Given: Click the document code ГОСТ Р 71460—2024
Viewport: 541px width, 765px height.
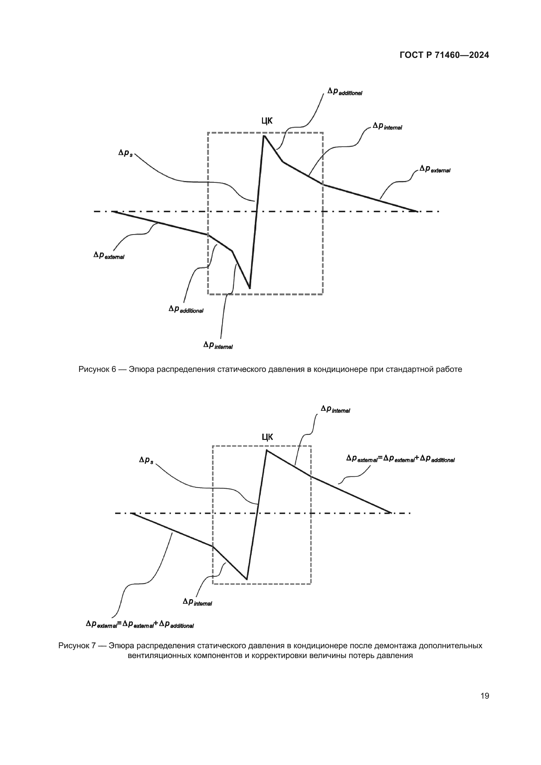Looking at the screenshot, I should coord(444,55).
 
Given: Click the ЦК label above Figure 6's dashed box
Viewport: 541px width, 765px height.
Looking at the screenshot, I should coord(267,121).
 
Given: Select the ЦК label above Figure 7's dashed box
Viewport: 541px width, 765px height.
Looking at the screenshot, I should coord(267,437).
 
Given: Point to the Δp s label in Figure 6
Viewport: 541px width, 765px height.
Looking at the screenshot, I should coord(126,153).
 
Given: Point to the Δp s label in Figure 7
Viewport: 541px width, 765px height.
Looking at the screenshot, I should coord(146,461).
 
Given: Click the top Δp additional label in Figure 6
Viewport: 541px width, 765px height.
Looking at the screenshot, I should coord(344,92).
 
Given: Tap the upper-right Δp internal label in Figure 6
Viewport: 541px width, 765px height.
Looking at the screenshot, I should coord(387,126).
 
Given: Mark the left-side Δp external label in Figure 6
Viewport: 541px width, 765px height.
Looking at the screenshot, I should coord(109,255).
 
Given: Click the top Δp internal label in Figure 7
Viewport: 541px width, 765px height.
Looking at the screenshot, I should coord(335,409).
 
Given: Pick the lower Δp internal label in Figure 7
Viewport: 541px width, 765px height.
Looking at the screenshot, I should coord(197,602).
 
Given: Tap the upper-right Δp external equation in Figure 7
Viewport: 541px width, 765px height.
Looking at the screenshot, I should coord(400,459).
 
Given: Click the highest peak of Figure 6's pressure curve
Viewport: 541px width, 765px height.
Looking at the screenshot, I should coord(264,136).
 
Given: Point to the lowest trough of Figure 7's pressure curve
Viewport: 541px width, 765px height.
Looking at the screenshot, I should coord(247,579).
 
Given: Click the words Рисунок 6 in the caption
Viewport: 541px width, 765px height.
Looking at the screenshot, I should coord(97,369).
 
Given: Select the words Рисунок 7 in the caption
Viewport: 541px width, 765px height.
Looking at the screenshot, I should coord(77,646).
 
